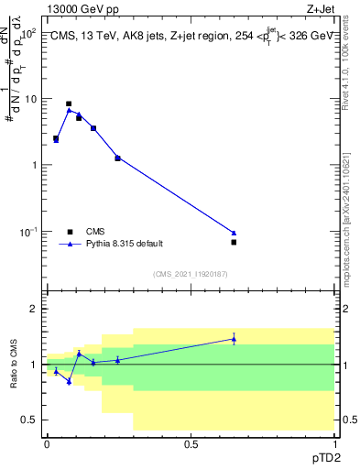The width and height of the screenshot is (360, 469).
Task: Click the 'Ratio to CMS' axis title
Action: [14, 365]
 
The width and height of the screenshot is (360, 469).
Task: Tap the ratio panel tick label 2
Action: [34, 309]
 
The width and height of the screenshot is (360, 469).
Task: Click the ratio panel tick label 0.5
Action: [30, 420]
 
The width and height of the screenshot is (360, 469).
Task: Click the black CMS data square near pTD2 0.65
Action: [234, 242]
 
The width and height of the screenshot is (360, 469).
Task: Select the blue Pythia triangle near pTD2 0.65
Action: [234, 233]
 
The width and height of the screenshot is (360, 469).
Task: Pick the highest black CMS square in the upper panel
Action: [69, 104]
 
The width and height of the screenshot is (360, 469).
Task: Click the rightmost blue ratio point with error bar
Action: [234, 339]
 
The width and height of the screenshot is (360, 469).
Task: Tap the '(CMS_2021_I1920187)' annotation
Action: [191, 274]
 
